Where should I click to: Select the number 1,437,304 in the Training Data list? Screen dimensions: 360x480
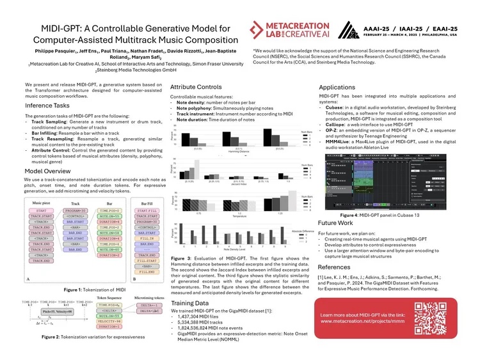195,317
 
